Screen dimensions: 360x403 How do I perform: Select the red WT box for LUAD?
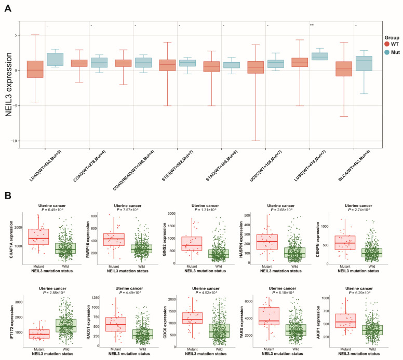pos(35,69)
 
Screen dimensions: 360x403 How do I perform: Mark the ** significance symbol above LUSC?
pos(312,25)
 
